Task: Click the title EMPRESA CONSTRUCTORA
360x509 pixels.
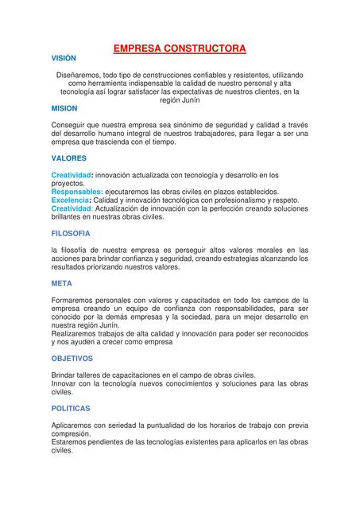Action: (180, 49)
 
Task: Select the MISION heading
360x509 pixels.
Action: (64, 107)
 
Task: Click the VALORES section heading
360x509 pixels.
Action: (69, 158)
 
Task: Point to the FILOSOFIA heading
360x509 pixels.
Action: (71, 233)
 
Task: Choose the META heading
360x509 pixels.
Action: (61, 283)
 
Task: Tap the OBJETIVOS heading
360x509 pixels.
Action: (72, 358)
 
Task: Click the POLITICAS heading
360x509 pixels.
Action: (72, 408)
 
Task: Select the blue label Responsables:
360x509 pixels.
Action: (77, 192)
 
